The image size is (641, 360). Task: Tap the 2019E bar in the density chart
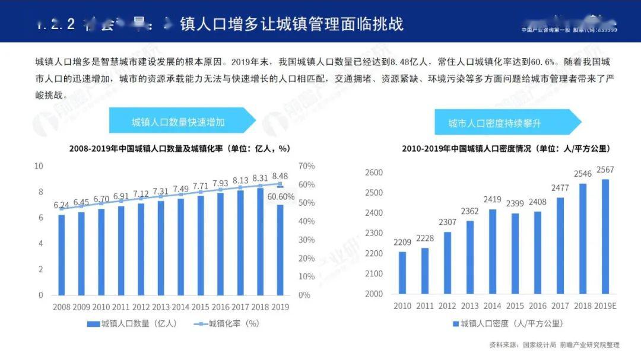(605, 237)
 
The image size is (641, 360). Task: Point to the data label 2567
(605, 170)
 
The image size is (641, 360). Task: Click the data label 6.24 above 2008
(61, 205)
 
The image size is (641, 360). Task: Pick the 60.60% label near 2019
(281, 197)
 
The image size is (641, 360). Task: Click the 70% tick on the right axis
(306, 166)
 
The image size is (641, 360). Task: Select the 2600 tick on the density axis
(374, 173)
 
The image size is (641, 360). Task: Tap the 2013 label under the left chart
(161, 307)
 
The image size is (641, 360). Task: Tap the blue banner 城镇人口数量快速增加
(178, 123)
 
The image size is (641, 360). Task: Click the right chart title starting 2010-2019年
(506, 148)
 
